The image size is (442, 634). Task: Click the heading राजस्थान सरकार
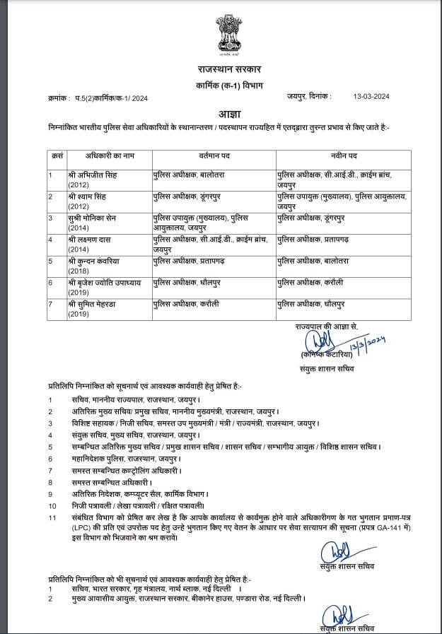(221, 69)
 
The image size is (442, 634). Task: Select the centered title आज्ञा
(221, 113)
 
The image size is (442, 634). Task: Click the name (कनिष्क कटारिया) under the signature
(327, 353)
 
